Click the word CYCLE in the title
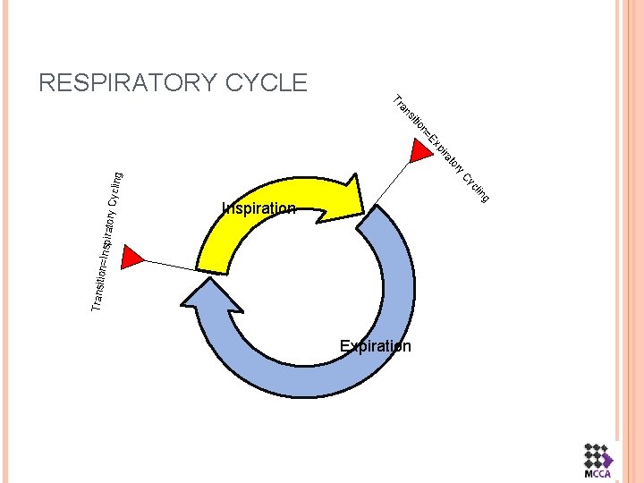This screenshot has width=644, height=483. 267,83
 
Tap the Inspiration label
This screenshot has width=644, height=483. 258,208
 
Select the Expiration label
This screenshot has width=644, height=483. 375,346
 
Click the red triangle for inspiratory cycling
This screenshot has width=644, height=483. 131,257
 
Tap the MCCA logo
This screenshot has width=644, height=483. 596,462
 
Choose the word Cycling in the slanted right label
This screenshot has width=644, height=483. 475,184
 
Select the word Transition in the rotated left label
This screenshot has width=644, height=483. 101,286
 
